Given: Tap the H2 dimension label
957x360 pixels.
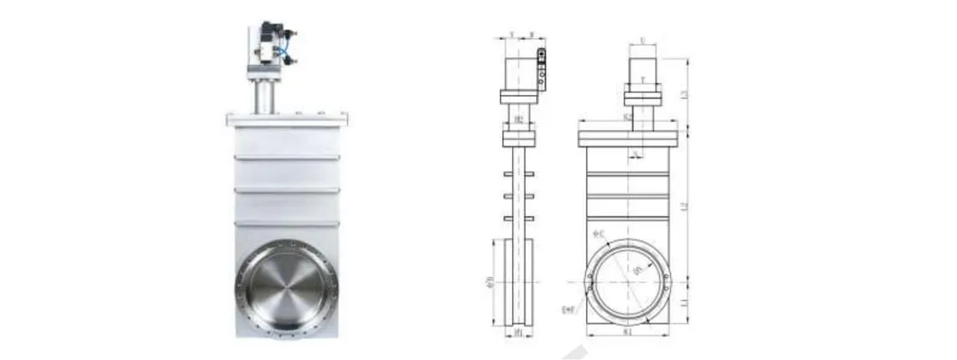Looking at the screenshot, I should (x=519, y=118).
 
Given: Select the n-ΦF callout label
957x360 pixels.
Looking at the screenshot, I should (x=569, y=309).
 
